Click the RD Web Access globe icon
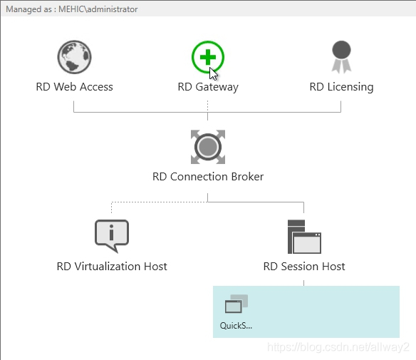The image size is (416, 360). tap(75, 57)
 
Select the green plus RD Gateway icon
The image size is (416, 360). tap(208, 57)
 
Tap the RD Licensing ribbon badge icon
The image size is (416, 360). tap(341, 57)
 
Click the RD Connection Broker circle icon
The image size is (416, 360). tap(208, 147)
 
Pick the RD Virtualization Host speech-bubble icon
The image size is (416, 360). tap(112, 236)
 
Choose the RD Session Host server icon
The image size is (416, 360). tap(304, 237)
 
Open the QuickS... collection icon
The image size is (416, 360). tap(236, 304)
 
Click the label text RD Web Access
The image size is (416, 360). tap(75, 87)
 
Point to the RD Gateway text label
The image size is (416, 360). tap(208, 87)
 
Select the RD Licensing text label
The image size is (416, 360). tap(341, 87)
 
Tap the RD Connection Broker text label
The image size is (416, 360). tap(208, 177)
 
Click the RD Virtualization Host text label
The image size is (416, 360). tap(112, 267)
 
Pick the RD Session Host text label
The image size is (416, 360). tap(304, 267)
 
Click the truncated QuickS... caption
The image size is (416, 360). tap(236, 326)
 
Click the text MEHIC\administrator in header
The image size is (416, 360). tap(98, 9)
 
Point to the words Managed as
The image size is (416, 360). tap(28, 9)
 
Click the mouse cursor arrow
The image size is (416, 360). tap(213, 74)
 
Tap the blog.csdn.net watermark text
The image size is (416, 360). tap(338, 347)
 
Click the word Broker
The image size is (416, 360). tap(247, 177)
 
